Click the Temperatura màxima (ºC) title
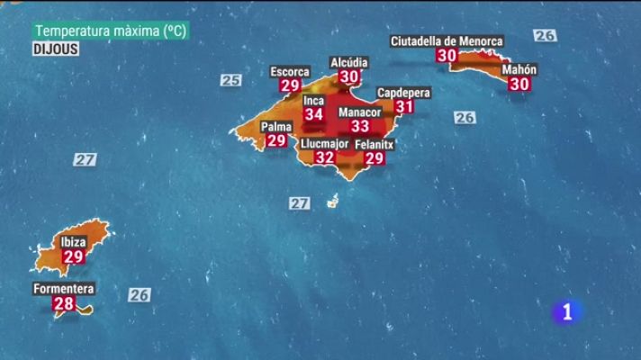110,31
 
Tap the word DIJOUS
56,49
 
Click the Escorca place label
290,71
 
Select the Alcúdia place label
349,62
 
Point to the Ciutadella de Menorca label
447,40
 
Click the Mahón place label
519,69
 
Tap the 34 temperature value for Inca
313,114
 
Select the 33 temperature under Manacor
360,126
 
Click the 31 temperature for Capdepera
404,106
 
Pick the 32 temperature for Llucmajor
324,157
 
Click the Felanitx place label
375,144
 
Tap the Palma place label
276,126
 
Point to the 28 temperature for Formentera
64,303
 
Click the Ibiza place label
73,242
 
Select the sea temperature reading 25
230,80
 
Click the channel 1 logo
566,312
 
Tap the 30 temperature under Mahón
519,84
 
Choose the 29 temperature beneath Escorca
290,85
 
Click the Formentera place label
63,289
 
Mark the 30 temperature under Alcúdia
349,76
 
